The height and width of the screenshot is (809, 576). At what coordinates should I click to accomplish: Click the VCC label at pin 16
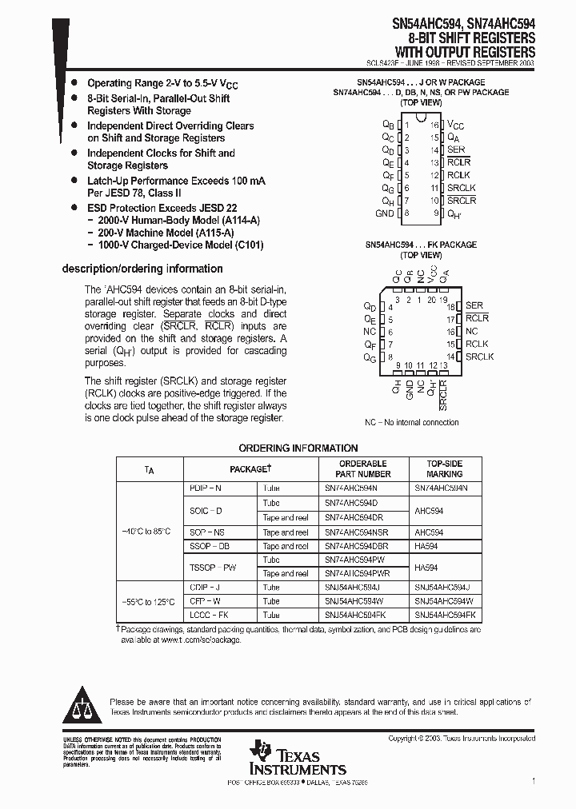tap(455, 126)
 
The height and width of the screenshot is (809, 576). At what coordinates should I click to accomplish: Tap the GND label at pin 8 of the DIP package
tap(384, 213)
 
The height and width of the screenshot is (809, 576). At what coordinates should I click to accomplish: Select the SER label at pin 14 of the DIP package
tap(455, 150)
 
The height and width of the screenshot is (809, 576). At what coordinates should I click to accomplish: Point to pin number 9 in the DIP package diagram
tap(437, 213)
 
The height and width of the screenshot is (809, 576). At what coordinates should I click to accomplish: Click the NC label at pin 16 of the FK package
tap(471, 331)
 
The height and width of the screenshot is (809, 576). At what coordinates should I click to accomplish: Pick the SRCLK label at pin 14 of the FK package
tap(479, 357)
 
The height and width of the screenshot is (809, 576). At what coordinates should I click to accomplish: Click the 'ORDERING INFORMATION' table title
tap(298, 448)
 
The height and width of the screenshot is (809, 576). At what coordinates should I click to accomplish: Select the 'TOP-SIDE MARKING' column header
tap(444, 468)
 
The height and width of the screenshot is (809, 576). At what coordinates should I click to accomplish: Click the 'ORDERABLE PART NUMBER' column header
tap(363, 468)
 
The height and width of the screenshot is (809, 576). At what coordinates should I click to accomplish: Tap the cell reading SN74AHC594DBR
tap(356, 546)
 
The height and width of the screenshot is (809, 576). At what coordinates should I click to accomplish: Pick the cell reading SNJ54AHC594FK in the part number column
tap(355, 615)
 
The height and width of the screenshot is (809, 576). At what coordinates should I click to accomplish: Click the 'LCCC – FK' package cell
tap(209, 615)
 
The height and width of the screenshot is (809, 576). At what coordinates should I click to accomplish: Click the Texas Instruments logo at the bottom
tap(296, 759)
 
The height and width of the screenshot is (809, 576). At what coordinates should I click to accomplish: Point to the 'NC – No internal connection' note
tap(412, 422)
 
